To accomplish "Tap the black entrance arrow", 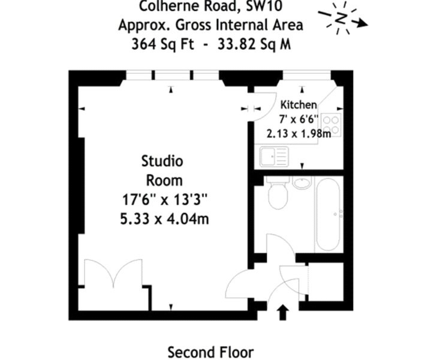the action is pyautogui.click(x=283, y=312).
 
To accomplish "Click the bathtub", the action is pyautogui.click(x=328, y=214).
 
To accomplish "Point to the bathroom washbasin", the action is pyautogui.click(x=302, y=182).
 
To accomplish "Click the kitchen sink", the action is pyautogui.click(x=274, y=157).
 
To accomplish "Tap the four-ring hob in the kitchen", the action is pyautogui.click(x=331, y=125).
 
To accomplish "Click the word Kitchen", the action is pyautogui.click(x=299, y=105).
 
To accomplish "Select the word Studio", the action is pyautogui.click(x=162, y=161).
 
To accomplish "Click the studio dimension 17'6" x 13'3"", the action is pyautogui.click(x=164, y=200).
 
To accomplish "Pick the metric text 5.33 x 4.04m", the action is pyautogui.click(x=164, y=218).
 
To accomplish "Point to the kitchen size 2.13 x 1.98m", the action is pyautogui.click(x=299, y=133).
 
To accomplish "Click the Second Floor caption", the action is pyautogui.click(x=210, y=352).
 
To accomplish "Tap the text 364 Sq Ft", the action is pyautogui.click(x=162, y=44).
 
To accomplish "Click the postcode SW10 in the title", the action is pyautogui.click(x=264, y=6).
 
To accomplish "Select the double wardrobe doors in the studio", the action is pyautogui.click(x=113, y=272).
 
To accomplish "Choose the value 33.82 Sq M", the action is pyautogui.click(x=254, y=44).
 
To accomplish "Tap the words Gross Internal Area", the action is pyautogui.click(x=239, y=25).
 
